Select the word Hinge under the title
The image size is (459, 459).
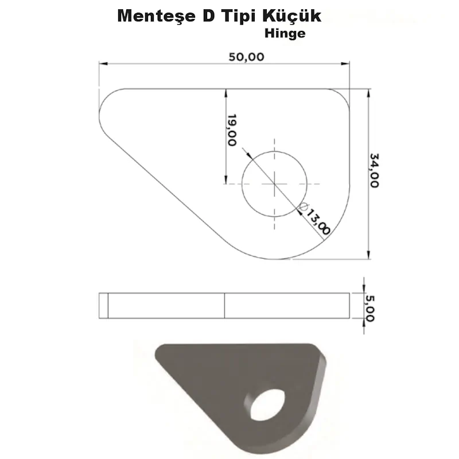click(x=285, y=33)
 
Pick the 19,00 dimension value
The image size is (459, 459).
click(x=232, y=130)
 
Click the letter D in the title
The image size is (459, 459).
click(x=208, y=17)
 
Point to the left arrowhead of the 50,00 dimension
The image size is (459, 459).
click(x=102, y=64)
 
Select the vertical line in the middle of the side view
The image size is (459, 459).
click(x=224, y=305)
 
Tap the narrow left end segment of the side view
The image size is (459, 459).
click(x=104, y=305)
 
